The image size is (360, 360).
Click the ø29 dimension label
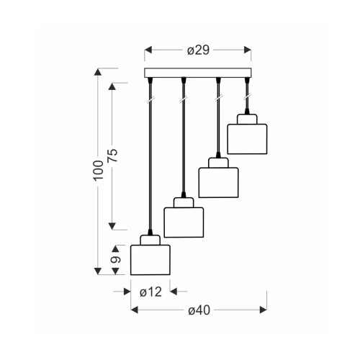[x=198, y=50]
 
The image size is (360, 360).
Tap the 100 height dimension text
[x=99, y=170]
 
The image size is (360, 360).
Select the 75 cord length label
[x=113, y=156]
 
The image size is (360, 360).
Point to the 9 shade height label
[x=116, y=260]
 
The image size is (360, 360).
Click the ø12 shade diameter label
[x=150, y=292]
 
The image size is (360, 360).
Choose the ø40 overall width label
[x=199, y=310]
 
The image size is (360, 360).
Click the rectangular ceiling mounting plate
[x=198, y=73]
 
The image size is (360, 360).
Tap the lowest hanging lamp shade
[x=150, y=260]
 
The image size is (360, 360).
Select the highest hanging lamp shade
[x=247, y=139]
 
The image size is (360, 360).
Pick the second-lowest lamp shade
[x=184, y=222]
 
